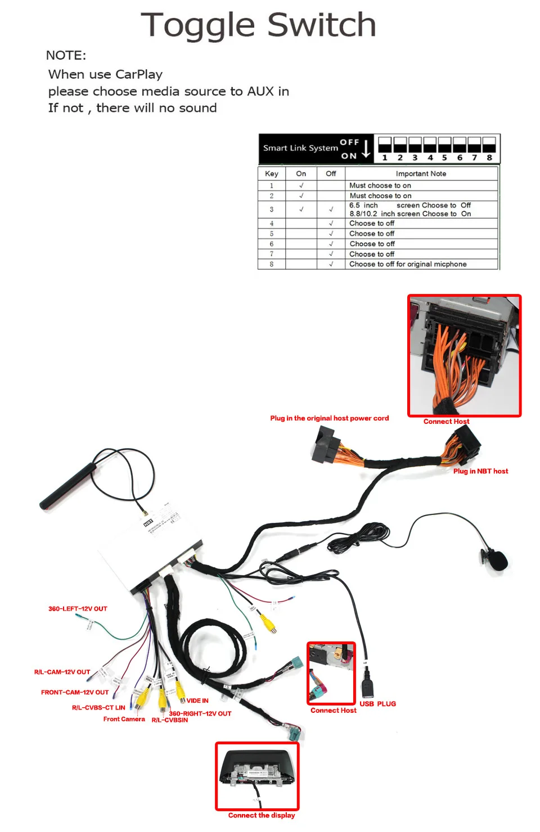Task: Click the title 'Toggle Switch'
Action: click(x=258, y=25)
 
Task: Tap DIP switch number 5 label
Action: click(x=444, y=158)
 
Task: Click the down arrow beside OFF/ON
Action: click(x=366, y=148)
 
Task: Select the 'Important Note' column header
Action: click(x=421, y=174)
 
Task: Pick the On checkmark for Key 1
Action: click(x=301, y=186)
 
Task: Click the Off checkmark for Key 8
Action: click(x=331, y=264)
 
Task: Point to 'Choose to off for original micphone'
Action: click(x=408, y=264)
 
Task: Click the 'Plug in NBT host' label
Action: click(x=480, y=471)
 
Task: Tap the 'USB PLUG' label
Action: click(x=377, y=704)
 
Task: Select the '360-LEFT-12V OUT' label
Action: click(x=78, y=609)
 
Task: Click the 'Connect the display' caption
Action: click(x=262, y=815)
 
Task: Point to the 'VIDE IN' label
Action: click(x=197, y=700)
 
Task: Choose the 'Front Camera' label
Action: click(x=124, y=719)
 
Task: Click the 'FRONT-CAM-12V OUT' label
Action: click(x=75, y=693)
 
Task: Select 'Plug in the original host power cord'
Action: click(x=329, y=418)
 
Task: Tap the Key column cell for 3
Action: click(x=272, y=209)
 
